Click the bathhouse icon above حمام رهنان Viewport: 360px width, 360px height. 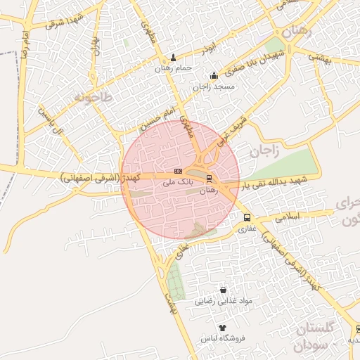coord(174,58)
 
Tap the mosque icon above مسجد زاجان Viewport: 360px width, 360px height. coord(214,76)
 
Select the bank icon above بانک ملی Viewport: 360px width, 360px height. coord(177,171)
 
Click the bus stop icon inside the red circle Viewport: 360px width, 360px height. coord(208,179)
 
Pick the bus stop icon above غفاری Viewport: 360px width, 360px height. coord(247,218)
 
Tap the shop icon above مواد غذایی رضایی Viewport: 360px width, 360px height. coord(223,290)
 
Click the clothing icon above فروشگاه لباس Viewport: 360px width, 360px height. coord(223,328)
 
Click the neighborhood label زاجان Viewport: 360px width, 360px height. coord(264,150)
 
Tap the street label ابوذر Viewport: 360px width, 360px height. coord(207,49)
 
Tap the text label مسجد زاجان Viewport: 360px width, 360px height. coord(214,86)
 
